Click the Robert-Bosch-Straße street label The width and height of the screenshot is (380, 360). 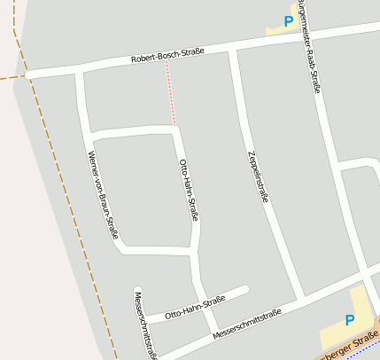(x=167, y=55)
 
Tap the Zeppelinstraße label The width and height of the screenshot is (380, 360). (x=256, y=177)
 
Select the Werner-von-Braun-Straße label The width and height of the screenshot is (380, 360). (x=104, y=196)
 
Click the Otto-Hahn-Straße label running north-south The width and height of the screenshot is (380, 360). (x=189, y=189)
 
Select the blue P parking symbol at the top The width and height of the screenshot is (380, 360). (x=288, y=20)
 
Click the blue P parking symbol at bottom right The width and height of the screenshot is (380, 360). (x=349, y=320)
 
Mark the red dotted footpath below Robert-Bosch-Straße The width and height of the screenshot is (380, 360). (x=170, y=93)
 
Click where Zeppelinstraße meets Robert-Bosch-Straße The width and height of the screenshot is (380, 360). (x=232, y=51)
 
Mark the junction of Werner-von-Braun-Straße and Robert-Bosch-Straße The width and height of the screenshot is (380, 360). (x=80, y=71)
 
